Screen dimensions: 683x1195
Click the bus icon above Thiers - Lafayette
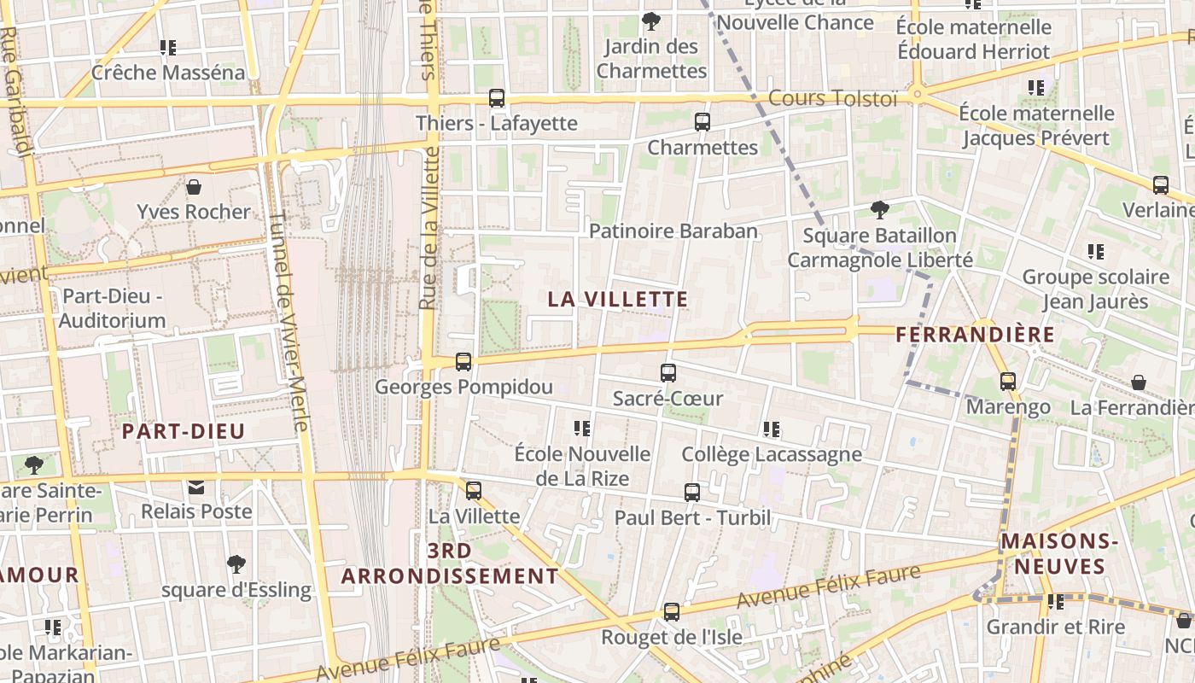tap(497, 98)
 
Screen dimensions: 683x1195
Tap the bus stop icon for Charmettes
tap(702, 122)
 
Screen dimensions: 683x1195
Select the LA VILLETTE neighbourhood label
tap(617, 300)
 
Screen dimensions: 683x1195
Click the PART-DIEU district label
tap(183, 431)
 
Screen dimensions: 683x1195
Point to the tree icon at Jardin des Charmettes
tap(651, 21)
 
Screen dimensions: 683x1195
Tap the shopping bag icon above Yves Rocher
tap(194, 187)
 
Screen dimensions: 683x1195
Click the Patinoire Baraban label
tap(673, 231)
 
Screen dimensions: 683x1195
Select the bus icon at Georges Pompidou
tap(463, 362)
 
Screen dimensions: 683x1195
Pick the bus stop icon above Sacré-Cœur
tap(668, 373)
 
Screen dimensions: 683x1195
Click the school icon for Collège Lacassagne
tap(772, 429)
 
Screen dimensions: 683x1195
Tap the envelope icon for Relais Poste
tap(196, 487)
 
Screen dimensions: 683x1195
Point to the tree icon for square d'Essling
tap(236, 564)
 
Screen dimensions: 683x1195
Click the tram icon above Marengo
tap(1008, 382)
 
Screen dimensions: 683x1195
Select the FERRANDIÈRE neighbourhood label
tap(976, 335)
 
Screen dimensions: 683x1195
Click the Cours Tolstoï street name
tap(833, 98)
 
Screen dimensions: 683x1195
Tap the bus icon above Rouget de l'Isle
tap(672, 612)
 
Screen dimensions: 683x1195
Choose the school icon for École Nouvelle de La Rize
tap(582, 429)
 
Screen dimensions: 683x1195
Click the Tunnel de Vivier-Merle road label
tap(288, 320)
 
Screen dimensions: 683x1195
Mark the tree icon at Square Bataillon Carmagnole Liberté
tap(879, 210)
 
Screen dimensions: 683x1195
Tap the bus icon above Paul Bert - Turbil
tap(692, 493)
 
